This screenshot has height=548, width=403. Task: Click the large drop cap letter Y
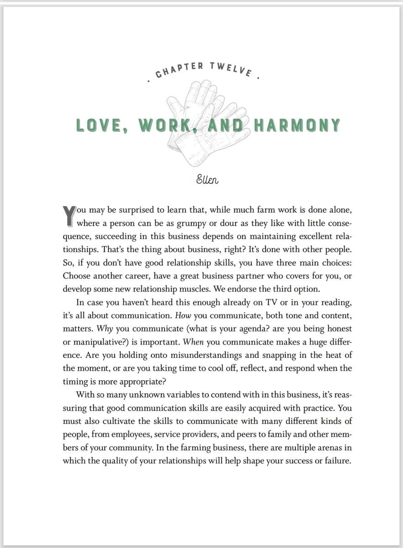coord(69,216)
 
